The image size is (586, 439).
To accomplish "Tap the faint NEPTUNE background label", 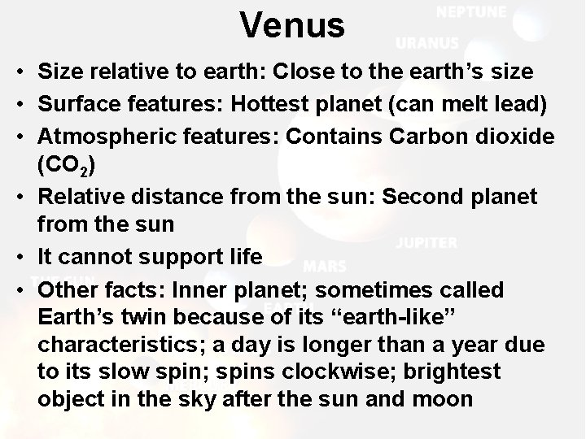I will (470, 13).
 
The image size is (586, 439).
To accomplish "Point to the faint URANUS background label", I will (426, 43).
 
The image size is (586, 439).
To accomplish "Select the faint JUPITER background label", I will (426, 242).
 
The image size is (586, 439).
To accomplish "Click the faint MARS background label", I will (324, 266).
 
